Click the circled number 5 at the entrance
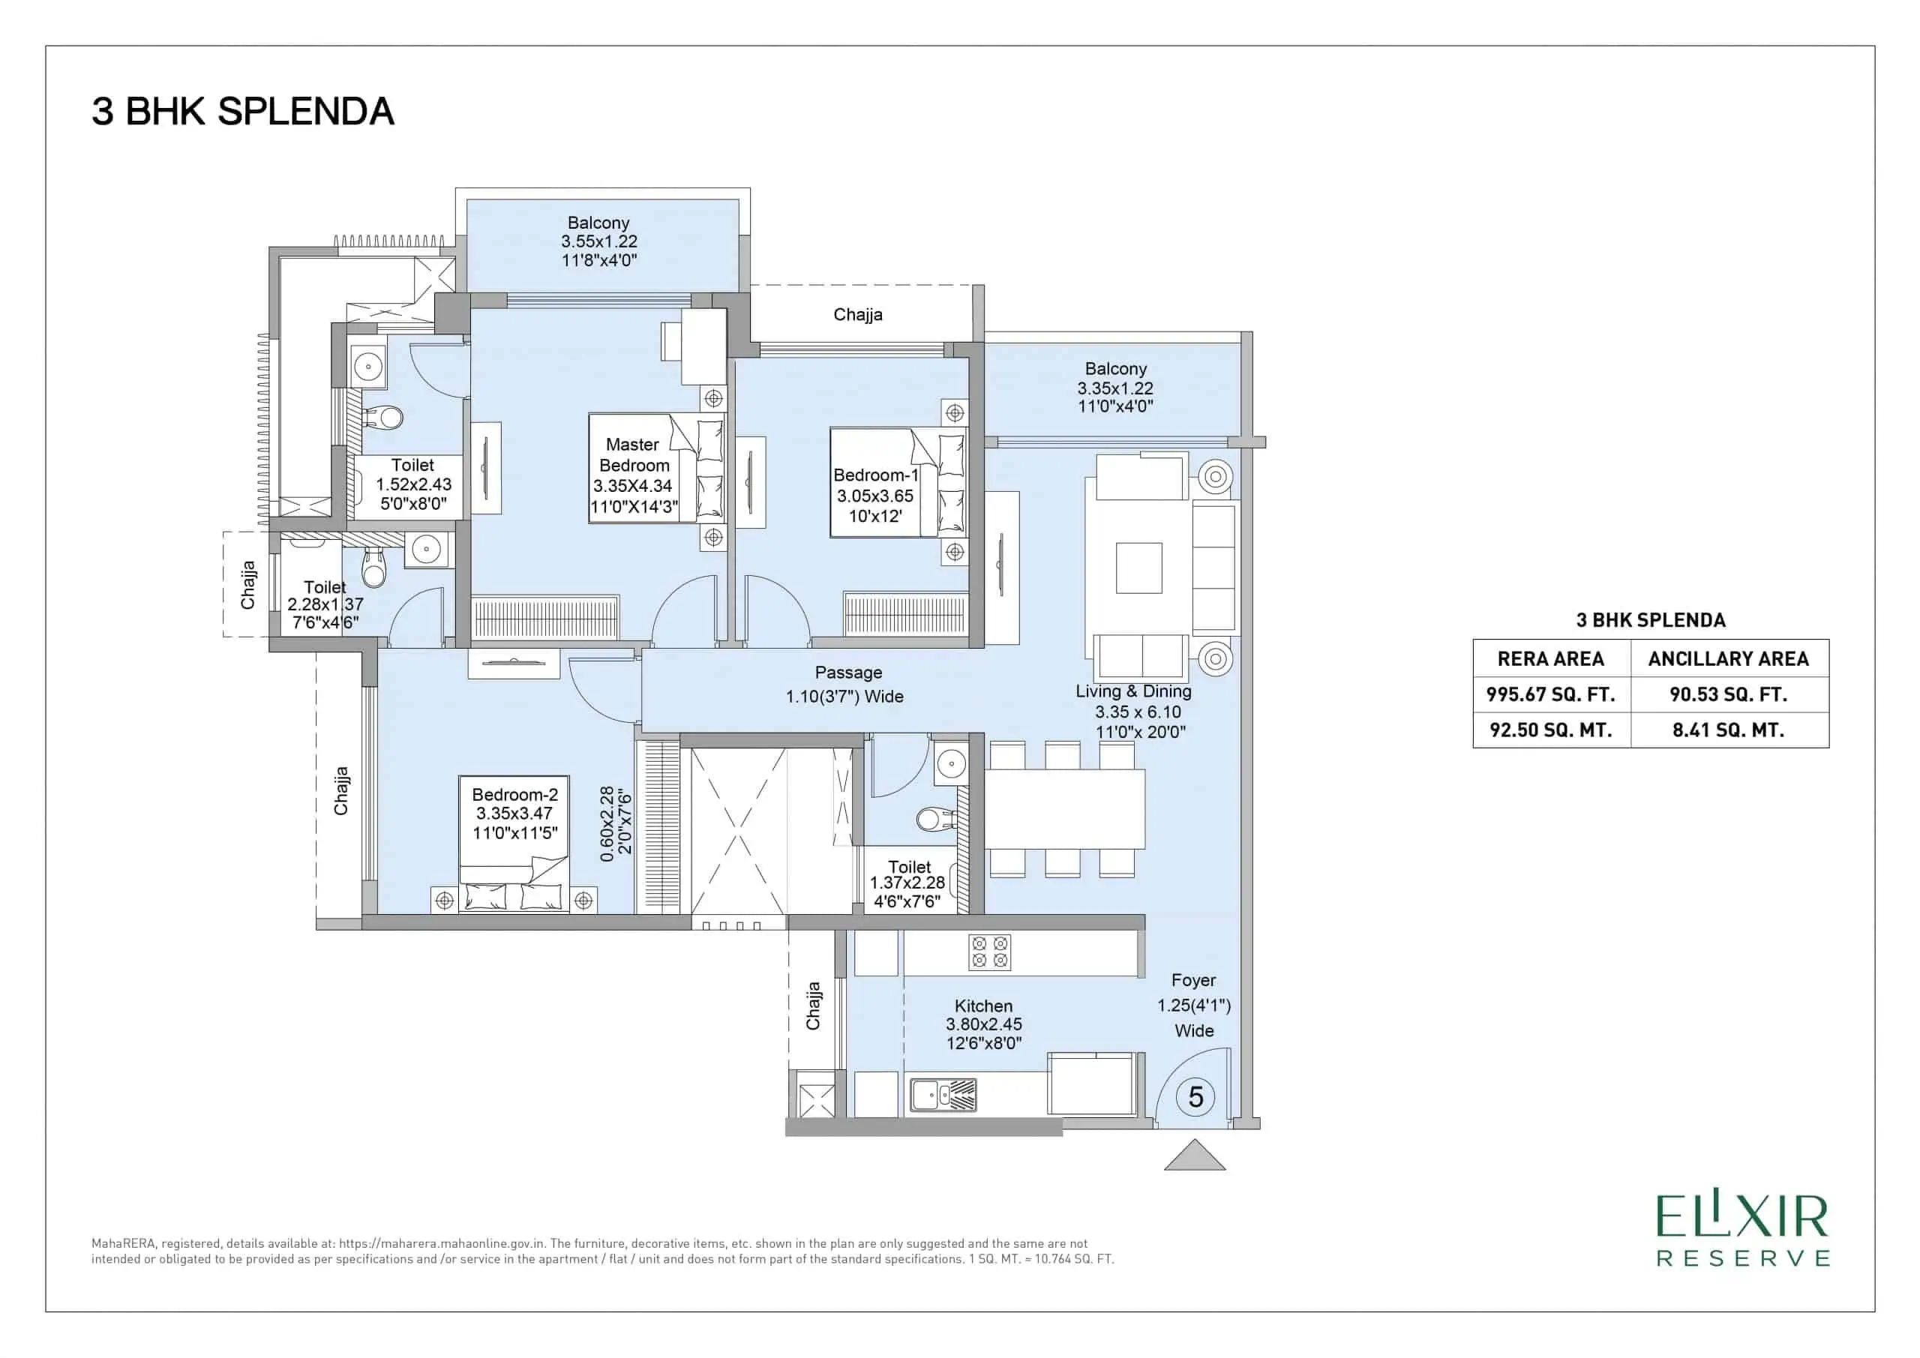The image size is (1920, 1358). (x=1195, y=1096)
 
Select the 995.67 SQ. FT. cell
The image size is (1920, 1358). (x=1550, y=694)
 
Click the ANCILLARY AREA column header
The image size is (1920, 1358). (x=1729, y=659)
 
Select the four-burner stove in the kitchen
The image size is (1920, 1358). (x=989, y=952)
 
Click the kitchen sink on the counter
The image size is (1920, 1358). (x=943, y=1096)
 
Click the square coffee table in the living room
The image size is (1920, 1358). (x=1139, y=568)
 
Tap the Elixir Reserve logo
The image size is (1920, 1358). (x=1744, y=1243)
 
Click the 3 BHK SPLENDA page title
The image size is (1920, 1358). (x=242, y=112)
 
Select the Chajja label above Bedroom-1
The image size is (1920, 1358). (x=858, y=314)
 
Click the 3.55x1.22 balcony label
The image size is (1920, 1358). (x=598, y=241)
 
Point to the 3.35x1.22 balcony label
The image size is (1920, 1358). (x=1115, y=387)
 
